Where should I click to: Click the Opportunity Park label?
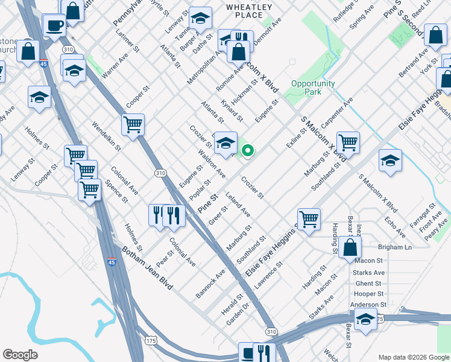click(312, 88)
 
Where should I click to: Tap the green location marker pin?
click(247, 151)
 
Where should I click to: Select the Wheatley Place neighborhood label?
click(248, 11)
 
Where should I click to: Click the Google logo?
click(20, 355)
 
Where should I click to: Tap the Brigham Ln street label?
click(394, 247)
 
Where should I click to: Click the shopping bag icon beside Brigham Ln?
click(350, 247)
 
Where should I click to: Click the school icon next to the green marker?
click(225, 144)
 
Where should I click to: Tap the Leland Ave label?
click(238, 204)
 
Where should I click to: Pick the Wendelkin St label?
click(107, 136)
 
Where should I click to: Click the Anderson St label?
click(368, 305)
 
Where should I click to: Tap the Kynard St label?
click(232, 110)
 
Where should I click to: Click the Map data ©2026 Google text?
click(413, 357)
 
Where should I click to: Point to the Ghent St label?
click(368, 283)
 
